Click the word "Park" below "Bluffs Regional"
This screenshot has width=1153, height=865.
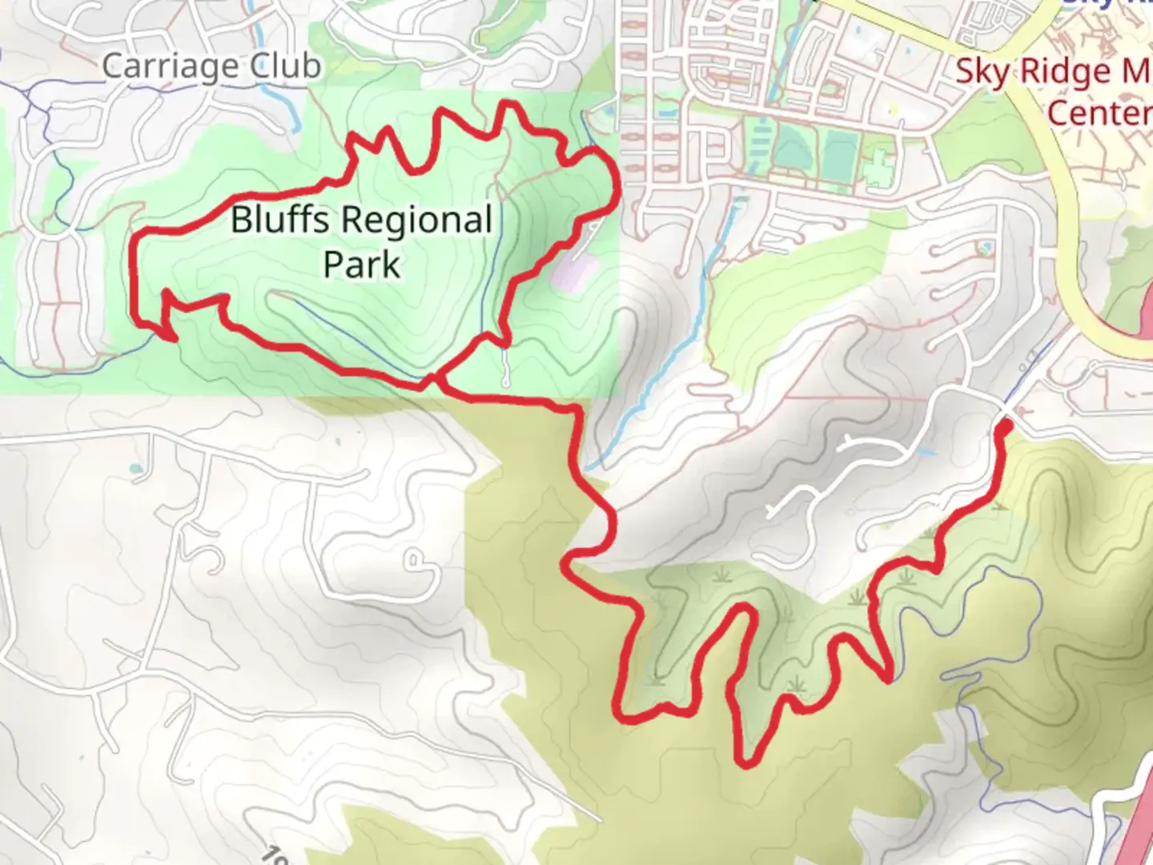pyautogui.click(x=361, y=264)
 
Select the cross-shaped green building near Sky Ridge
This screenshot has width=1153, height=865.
pyautogui.click(x=878, y=170)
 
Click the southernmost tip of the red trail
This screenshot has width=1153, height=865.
pyautogui.click(x=745, y=763)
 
